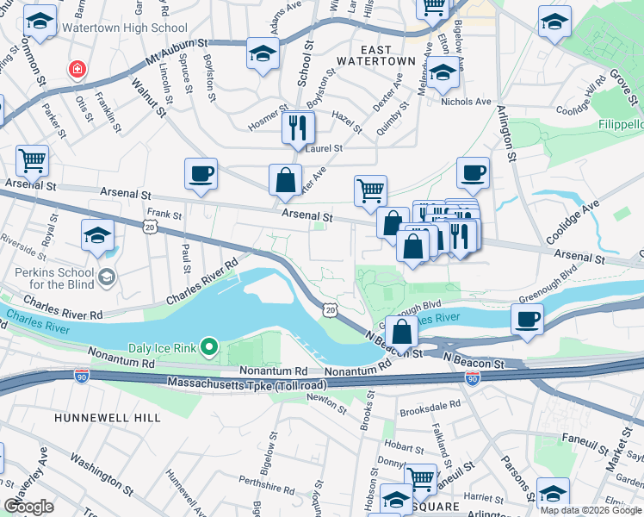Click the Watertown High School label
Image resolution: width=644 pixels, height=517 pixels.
point(121,28)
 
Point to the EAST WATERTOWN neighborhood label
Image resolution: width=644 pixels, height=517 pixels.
point(375,55)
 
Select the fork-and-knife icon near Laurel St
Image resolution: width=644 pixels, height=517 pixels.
point(298,128)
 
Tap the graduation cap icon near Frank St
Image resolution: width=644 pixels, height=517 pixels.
point(98,234)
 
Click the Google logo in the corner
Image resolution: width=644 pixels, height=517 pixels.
point(29,506)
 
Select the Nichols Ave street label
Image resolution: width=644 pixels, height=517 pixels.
point(465,102)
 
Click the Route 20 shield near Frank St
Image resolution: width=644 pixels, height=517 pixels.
point(150,226)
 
